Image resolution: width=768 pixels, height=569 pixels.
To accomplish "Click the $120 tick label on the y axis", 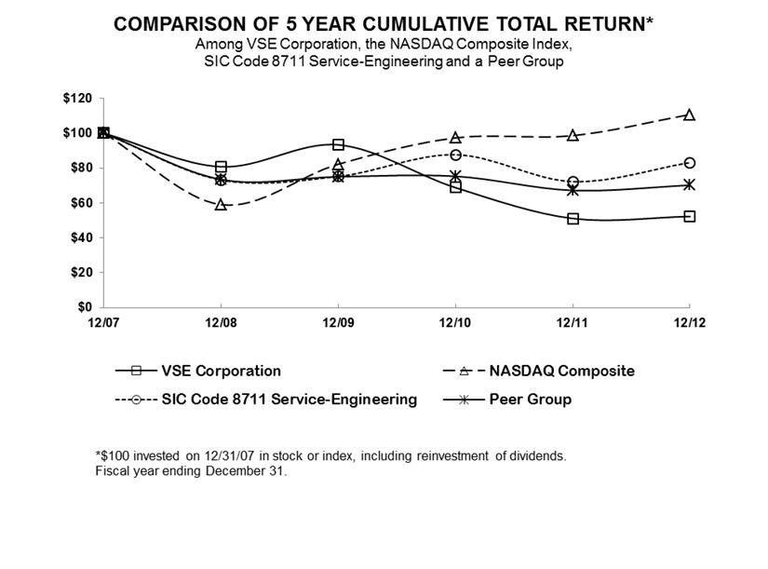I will pyautogui.click(x=78, y=98).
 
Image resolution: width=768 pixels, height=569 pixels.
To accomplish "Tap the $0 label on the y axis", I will pyautogui.click(x=85, y=307).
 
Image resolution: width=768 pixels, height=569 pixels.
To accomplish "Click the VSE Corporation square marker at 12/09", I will pyautogui.click(x=338, y=144).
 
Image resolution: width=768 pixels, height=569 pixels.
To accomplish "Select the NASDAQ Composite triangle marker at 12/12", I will pyautogui.click(x=689, y=115).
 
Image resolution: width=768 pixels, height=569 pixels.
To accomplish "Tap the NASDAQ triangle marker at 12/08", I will pyautogui.click(x=221, y=204).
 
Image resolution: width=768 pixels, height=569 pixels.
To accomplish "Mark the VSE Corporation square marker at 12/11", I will pyautogui.click(x=573, y=219).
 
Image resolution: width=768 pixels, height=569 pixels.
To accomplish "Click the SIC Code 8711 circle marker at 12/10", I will pyautogui.click(x=455, y=155).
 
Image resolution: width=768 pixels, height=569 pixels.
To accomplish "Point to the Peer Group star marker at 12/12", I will pyautogui.click(x=689, y=184).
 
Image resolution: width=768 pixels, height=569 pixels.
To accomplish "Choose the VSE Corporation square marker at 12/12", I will pyautogui.click(x=689, y=216).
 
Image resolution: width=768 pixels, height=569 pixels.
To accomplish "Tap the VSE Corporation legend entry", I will pyautogui.click(x=221, y=371).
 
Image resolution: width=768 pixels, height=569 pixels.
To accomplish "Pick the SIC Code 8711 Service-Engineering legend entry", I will pyautogui.click(x=290, y=400).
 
